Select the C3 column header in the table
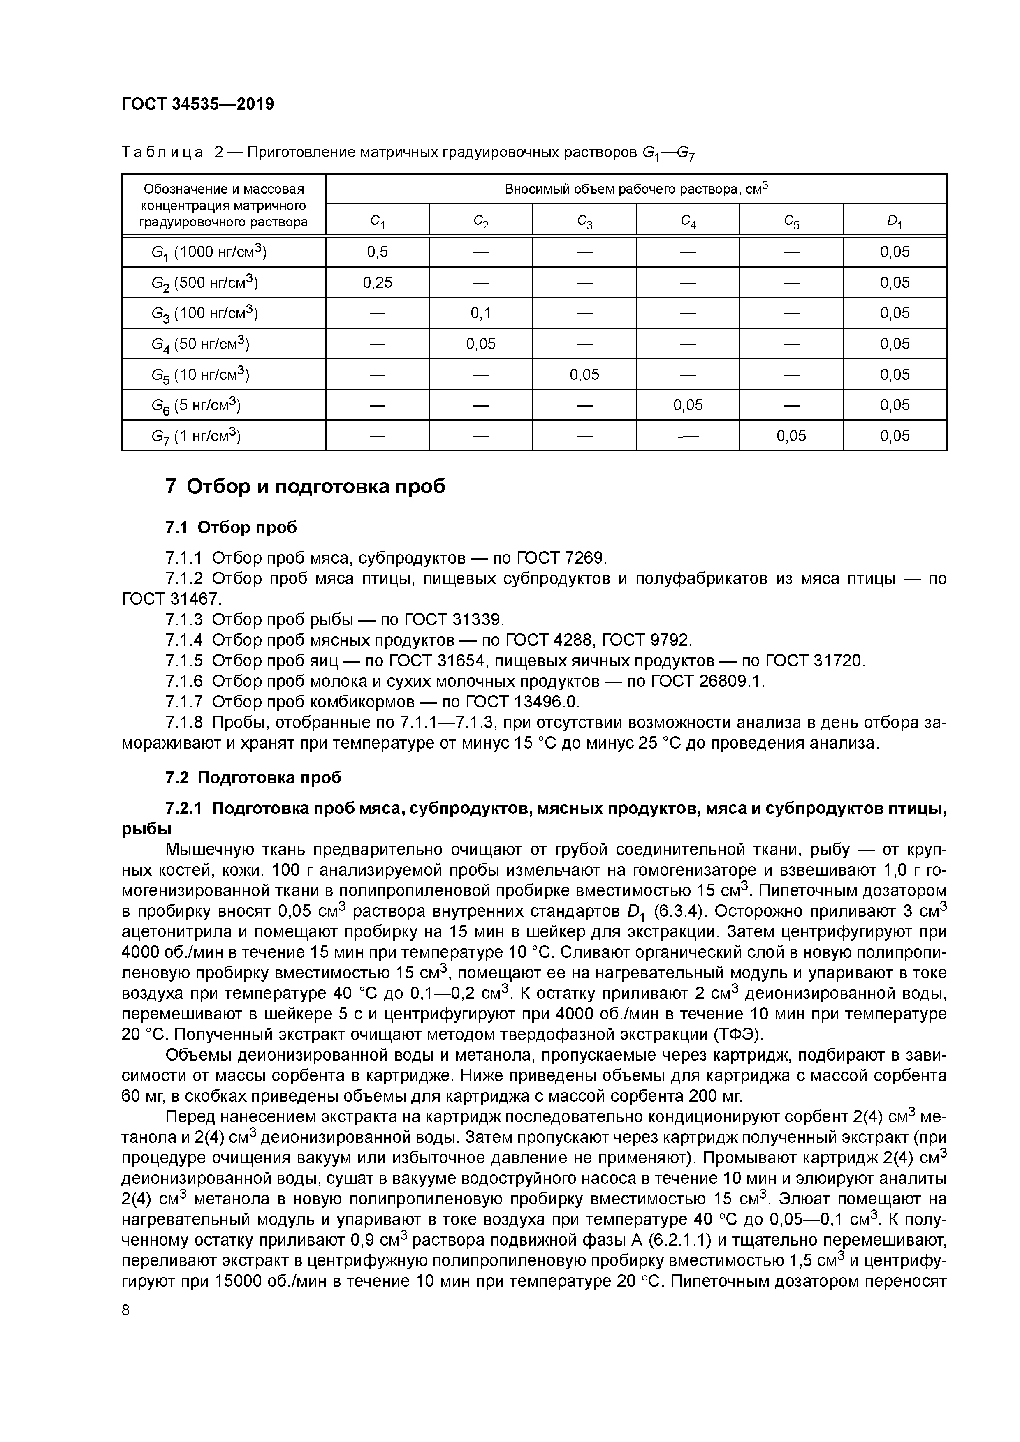pyautogui.click(x=584, y=221)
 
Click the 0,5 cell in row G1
pyautogui.click(x=377, y=252)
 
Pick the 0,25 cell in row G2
pyautogui.click(x=377, y=283)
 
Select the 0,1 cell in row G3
pyautogui.click(x=481, y=313)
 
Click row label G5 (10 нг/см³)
pyautogui.click(x=200, y=375)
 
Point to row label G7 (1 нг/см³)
pyautogui.click(x=196, y=436)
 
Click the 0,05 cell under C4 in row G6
pyautogui.click(x=688, y=405)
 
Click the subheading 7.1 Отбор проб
pyautogui.click(x=231, y=527)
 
